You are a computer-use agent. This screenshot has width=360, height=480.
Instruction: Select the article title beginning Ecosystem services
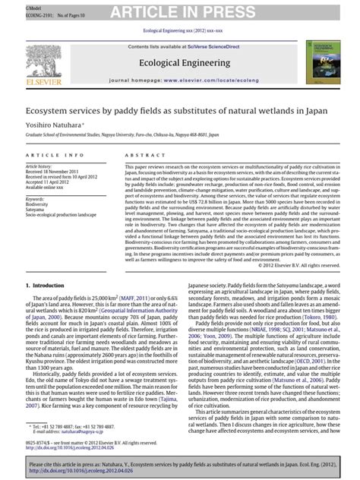pos(179,107)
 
